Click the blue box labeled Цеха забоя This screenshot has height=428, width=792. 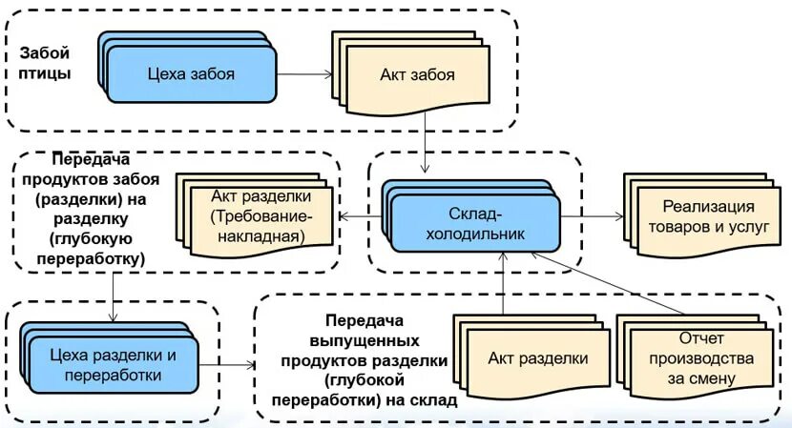pos(191,73)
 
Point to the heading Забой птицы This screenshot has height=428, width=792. pos(44,64)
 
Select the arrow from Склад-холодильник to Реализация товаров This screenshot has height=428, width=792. pos(592,216)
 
